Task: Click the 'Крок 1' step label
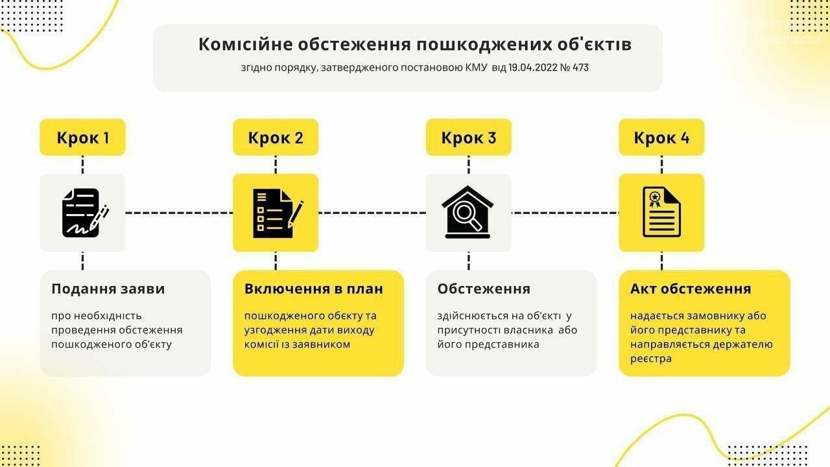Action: (x=82, y=138)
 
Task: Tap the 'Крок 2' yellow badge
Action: (x=276, y=138)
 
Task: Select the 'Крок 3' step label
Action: (x=469, y=138)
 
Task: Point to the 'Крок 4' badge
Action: (x=662, y=138)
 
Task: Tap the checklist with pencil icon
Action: (x=278, y=213)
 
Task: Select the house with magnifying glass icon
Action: (x=468, y=212)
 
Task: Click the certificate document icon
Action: (x=661, y=212)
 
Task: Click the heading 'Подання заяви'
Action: (x=108, y=289)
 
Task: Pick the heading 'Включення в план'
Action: (x=314, y=289)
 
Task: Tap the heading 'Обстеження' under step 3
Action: (x=484, y=289)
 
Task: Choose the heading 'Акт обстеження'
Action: (x=691, y=289)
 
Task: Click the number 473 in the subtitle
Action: (x=580, y=67)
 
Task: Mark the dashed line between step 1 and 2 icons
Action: (x=180, y=213)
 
